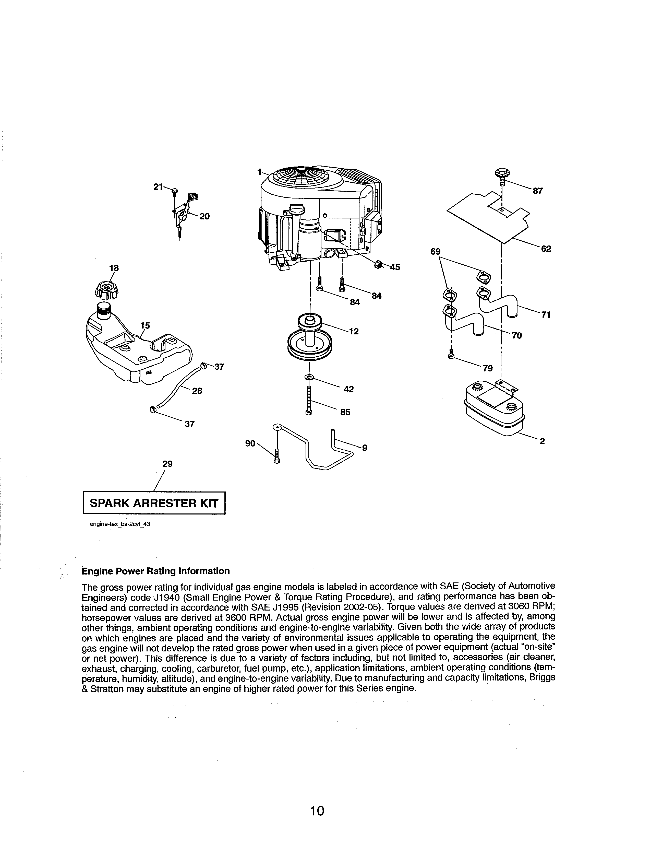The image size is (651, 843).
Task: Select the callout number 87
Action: click(x=538, y=191)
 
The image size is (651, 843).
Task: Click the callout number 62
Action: click(x=546, y=249)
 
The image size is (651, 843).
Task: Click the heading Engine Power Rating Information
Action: click(x=156, y=571)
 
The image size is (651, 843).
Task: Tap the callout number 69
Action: click(x=436, y=252)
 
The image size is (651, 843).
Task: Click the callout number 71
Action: click(x=545, y=315)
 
